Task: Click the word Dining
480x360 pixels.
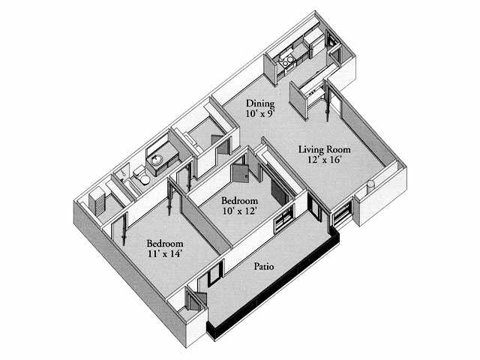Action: click(x=260, y=103)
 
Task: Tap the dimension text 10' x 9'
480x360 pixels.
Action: click(x=259, y=114)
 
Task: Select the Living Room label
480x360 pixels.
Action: click(x=325, y=150)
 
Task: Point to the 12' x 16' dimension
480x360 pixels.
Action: click(x=325, y=160)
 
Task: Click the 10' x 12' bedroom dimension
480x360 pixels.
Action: click(x=239, y=211)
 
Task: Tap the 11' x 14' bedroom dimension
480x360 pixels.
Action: click(x=165, y=253)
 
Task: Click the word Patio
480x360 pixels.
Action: click(x=264, y=266)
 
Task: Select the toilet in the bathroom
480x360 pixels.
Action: click(x=142, y=175)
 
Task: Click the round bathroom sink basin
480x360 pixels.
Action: click(x=157, y=160)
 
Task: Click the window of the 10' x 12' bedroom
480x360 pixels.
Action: click(x=283, y=218)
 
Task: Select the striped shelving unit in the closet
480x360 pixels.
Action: click(x=97, y=201)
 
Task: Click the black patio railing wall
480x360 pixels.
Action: click(x=273, y=285)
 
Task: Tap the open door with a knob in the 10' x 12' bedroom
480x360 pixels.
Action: click(x=241, y=173)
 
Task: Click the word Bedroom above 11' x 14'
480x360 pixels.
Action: click(x=165, y=244)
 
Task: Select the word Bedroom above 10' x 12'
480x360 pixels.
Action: click(x=240, y=201)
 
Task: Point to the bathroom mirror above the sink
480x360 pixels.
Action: click(x=157, y=143)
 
